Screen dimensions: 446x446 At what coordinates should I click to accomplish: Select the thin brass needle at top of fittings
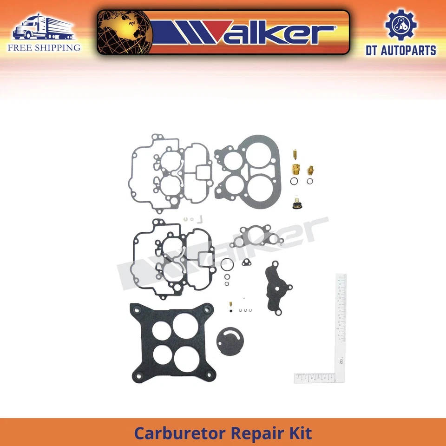(295, 154)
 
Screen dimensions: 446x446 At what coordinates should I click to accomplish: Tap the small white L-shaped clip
(201, 217)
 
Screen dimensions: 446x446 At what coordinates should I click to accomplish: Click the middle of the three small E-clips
(245, 311)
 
